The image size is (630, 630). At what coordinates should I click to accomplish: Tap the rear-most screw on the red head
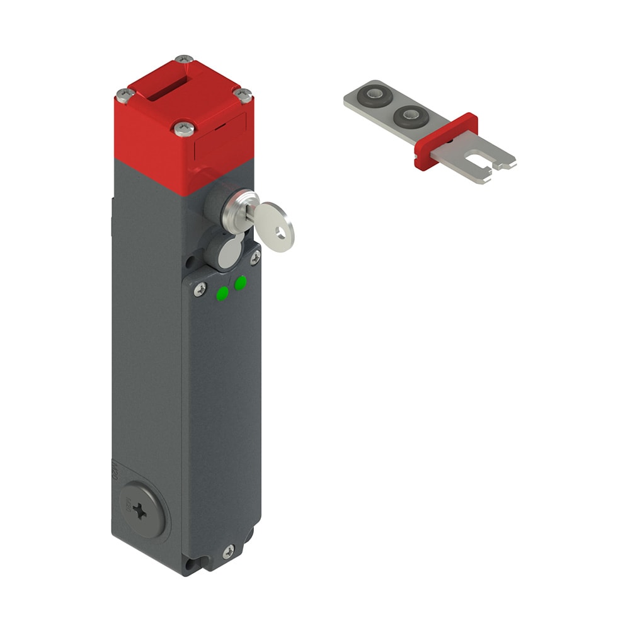coord(184,59)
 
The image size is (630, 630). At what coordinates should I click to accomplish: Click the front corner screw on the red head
coord(183,130)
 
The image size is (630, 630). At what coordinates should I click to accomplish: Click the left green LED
coord(222,293)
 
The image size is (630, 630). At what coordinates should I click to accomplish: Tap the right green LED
coord(240,284)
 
